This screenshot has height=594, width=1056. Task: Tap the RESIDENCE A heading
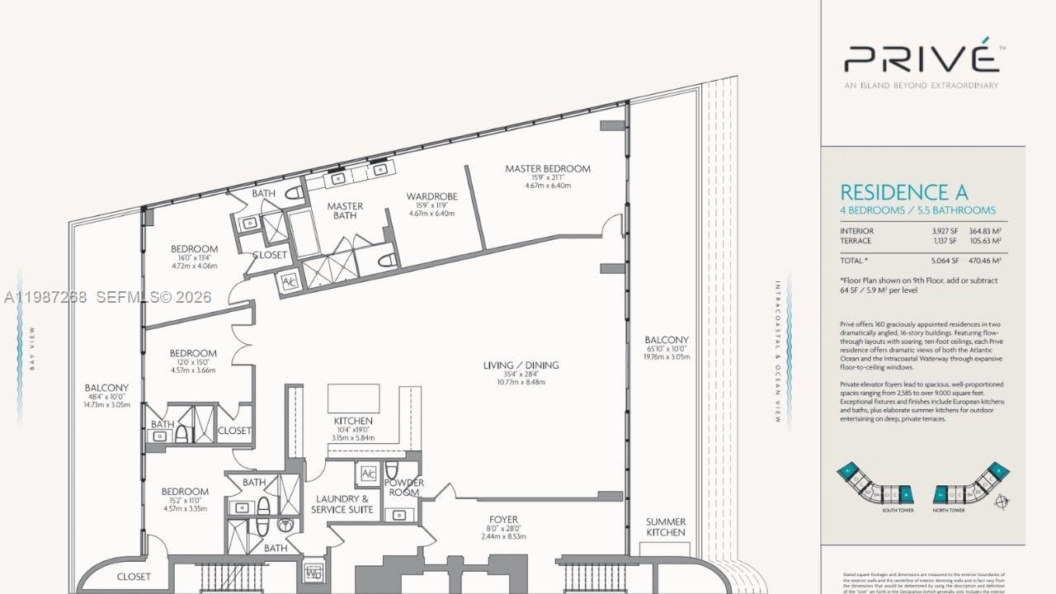point(903,192)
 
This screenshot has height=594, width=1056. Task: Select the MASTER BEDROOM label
point(548,169)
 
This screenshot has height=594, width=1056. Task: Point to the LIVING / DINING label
point(521,365)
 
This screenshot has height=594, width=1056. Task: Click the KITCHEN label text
point(353,421)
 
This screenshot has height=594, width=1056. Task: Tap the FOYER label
point(502,519)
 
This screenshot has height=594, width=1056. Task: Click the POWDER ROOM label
point(404,488)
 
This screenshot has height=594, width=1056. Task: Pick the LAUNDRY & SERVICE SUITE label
point(342,504)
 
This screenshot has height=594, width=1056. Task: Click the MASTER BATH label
point(345,211)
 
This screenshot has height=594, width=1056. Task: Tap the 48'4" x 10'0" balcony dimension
point(106,398)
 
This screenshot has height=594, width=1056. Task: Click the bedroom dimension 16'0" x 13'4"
point(194,259)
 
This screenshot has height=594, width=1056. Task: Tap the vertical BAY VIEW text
point(32,349)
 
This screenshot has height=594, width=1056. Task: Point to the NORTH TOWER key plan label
point(950,510)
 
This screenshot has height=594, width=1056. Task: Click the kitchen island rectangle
point(354,398)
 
